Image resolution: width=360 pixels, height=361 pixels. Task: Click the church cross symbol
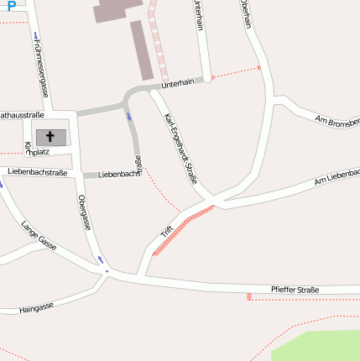click(x=50, y=136)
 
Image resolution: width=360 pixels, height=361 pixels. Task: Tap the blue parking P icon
click(x=11, y=5)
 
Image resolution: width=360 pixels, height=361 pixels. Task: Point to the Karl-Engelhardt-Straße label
click(x=180, y=148)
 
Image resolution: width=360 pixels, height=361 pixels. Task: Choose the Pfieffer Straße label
click(x=295, y=290)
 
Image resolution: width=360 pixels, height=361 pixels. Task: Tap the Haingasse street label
click(x=36, y=308)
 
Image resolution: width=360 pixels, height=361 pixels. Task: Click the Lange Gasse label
click(x=39, y=235)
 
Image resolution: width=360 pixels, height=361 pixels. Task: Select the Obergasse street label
click(x=84, y=212)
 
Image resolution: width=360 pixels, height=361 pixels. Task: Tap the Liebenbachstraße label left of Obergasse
click(x=37, y=172)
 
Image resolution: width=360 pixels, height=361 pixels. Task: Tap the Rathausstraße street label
click(x=22, y=113)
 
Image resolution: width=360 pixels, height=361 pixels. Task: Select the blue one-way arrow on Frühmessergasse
click(x=36, y=36)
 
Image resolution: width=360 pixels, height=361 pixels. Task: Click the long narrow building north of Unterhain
click(x=141, y=50)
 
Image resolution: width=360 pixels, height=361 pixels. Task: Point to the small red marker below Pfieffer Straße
click(x=248, y=296)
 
